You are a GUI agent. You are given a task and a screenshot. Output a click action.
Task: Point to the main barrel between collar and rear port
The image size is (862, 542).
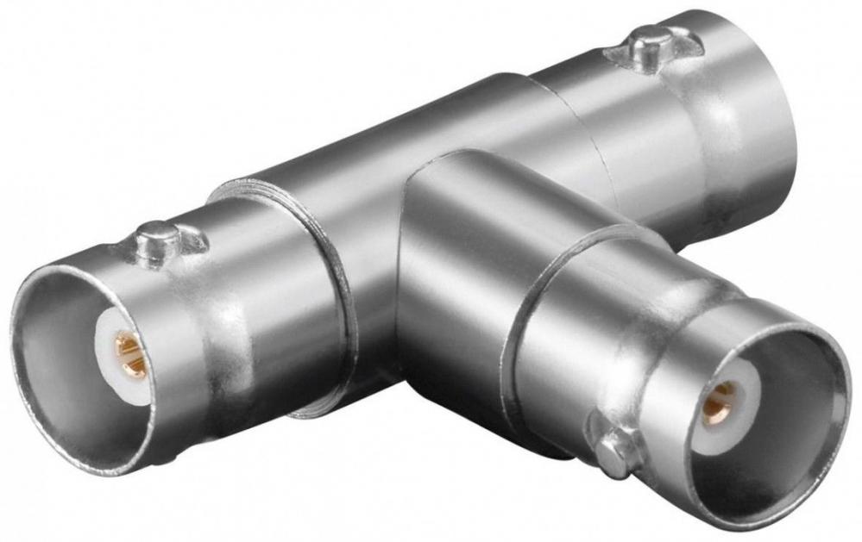point(388,146)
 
